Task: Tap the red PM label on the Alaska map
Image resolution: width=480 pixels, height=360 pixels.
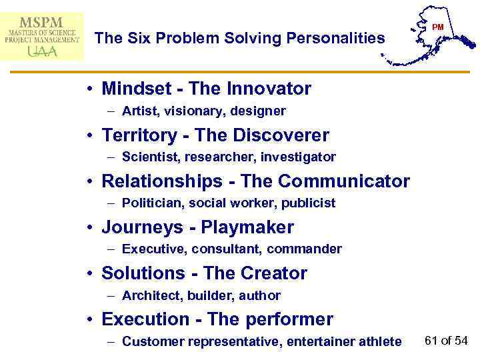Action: click(x=438, y=27)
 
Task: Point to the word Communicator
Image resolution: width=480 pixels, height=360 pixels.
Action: click(x=344, y=181)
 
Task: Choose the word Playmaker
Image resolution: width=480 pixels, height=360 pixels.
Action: click(x=247, y=227)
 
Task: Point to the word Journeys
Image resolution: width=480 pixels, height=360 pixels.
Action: click(x=142, y=227)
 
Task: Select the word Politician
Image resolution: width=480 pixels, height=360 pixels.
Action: click(x=151, y=203)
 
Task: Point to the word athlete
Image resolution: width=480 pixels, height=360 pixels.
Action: click(x=379, y=341)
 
